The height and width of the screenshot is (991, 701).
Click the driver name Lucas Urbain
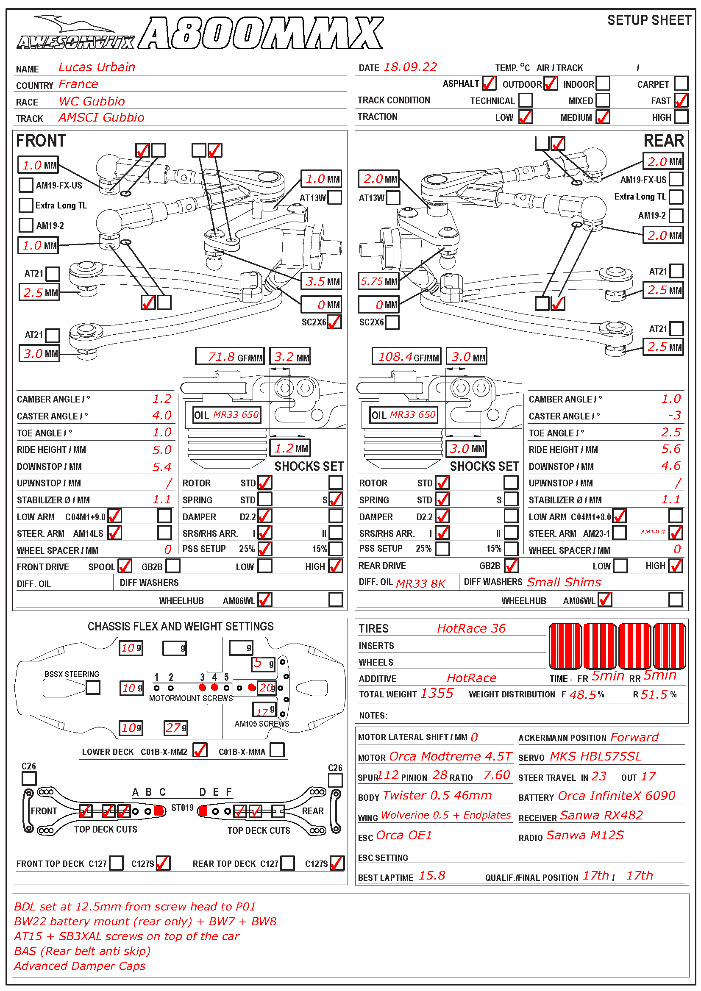click(97, 67)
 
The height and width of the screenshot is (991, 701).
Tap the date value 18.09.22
click(410, 67)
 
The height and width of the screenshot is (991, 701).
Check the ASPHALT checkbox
click(489, 83)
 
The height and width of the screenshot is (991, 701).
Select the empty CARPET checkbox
click(681, 83)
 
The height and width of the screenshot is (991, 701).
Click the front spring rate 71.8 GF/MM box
click(230, 357)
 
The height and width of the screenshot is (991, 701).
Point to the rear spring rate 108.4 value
click(395, 357)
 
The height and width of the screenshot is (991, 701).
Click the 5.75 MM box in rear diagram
click(378, 281)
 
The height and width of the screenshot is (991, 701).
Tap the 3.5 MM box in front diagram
click(322, 281)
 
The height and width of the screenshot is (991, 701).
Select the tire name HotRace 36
click(471, 628)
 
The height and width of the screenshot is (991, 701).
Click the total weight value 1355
click(437, 693)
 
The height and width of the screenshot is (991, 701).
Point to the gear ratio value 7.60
click(496, 775)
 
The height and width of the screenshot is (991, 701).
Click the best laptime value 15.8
click(431, 875)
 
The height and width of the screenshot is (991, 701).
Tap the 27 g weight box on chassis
click(176, 728)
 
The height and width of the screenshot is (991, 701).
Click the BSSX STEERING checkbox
click(93, 687)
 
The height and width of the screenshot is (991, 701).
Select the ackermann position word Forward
click(634, 737)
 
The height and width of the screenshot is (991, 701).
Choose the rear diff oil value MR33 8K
click(420, 583)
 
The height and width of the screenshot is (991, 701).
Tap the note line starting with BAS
click(83, 951)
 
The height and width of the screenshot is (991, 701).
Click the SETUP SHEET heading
click(649, 20)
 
